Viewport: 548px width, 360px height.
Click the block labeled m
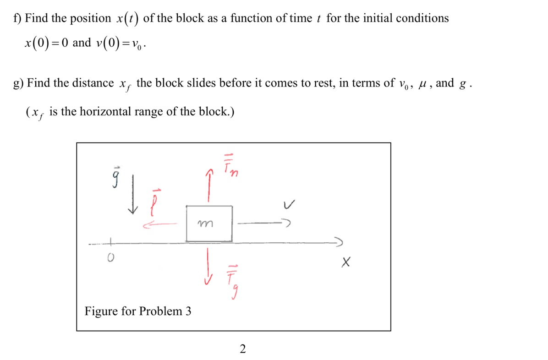pyautogui.click(x=209, y=224)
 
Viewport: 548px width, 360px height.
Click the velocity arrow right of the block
pyautogui.click(x=263, y=224)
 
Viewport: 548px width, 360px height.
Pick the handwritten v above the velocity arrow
pyautogui.click(x=288, y=206)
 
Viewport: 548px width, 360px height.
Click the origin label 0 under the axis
pyautogui.click(x=110, y=260)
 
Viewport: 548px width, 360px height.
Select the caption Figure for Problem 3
pyautogui.click(x=138, y=311)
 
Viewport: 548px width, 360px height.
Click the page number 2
pyautogui.click(x=242, y=349)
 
